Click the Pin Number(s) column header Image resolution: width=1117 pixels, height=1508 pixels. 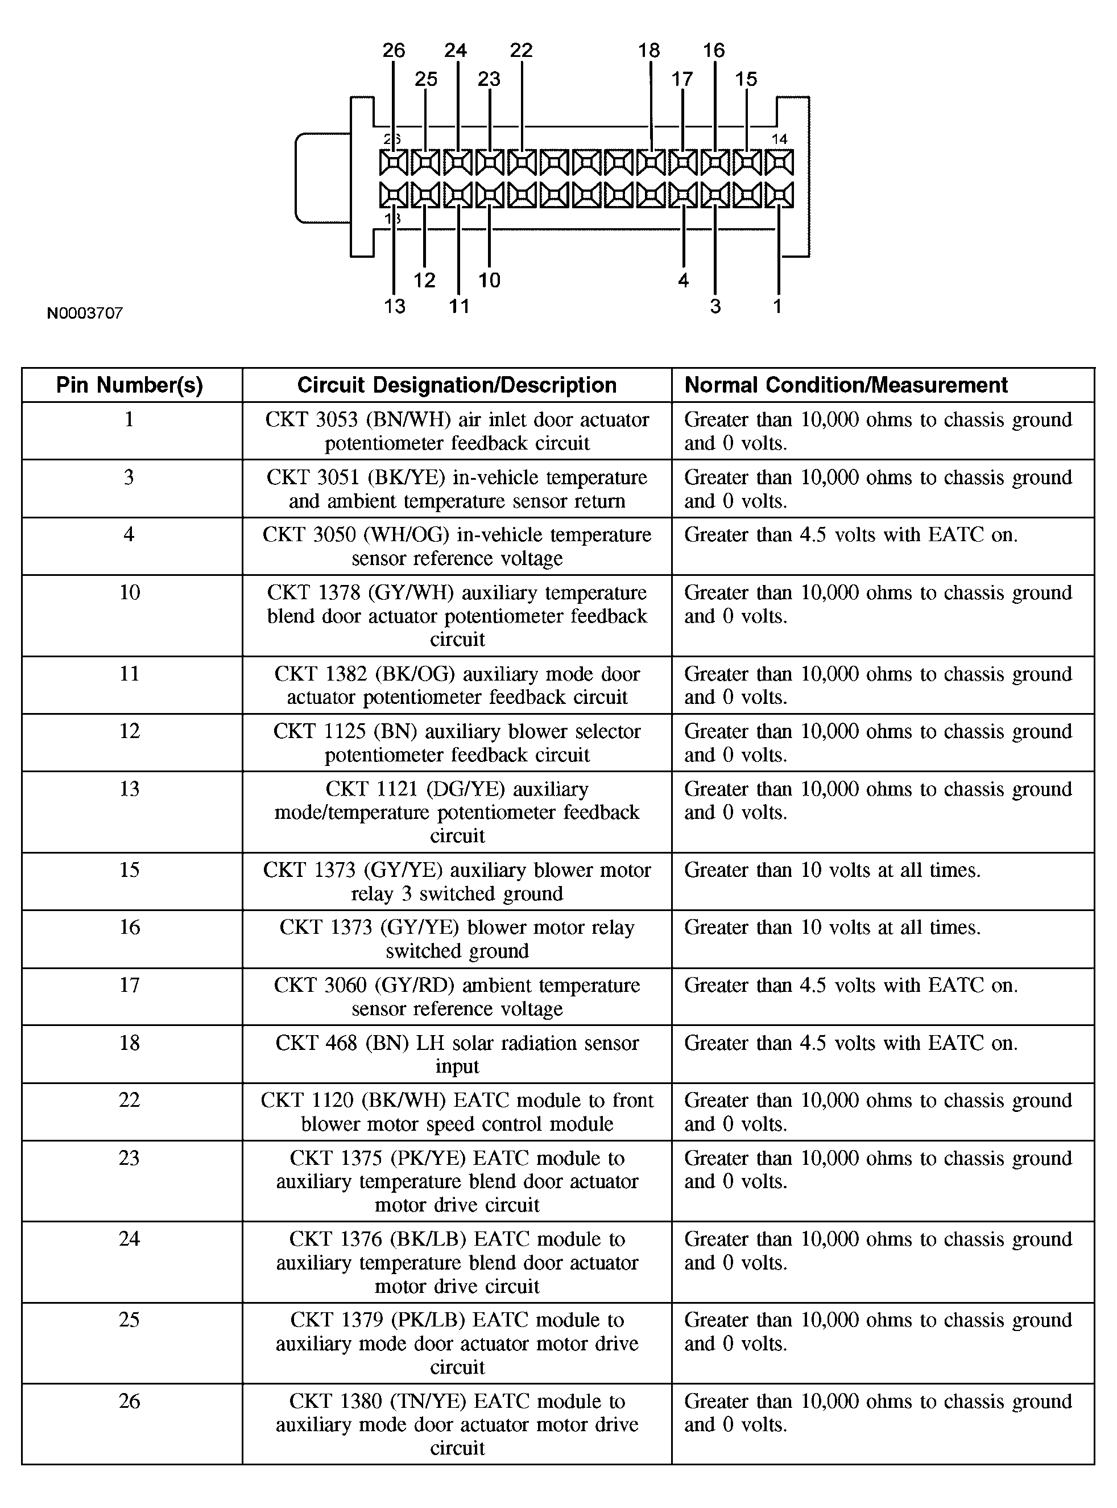129,385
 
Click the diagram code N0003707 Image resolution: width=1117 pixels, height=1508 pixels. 85,312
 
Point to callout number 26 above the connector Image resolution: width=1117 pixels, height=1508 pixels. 394,50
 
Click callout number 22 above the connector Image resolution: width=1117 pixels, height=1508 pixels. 522,50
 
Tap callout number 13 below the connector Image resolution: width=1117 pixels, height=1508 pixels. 394,307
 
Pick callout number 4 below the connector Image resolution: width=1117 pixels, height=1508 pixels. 683,280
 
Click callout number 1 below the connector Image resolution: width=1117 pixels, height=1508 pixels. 777,307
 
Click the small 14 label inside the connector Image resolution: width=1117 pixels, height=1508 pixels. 780,139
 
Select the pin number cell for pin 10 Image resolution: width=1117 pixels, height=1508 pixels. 129,592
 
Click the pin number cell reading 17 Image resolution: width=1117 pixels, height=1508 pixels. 129,985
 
